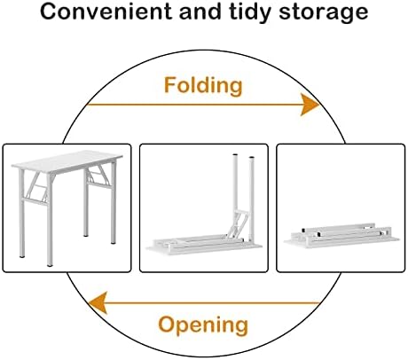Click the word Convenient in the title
[x=106, y=12]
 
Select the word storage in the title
[x=324, y=13]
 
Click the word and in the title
[x=200, y=12]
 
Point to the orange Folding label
[x=203, y=86]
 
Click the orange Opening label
[x=203, y=325]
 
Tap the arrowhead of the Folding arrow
[x=310, y=105]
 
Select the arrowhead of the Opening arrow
[x=98, y=303]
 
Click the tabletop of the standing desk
[x=67, y=161]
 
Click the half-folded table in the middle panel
[x=204, y=207]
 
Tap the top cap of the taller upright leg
[x=235, y=155]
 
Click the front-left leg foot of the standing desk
[x=50, y=265]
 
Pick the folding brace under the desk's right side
[x=99, y=176]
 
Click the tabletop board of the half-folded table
[x=204, y=247]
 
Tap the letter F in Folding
[x=170, y=85]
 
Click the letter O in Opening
[x=167, y=325]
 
